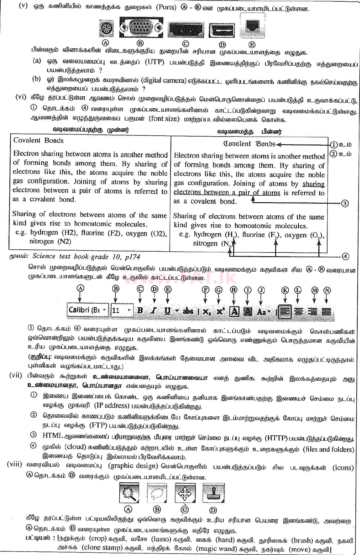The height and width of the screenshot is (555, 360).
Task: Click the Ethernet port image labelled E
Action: (252, 27)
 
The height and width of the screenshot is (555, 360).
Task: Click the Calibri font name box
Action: (88, 310)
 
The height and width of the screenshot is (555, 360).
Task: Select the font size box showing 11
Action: (122, 310)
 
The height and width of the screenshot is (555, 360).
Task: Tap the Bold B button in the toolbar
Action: (140, 310)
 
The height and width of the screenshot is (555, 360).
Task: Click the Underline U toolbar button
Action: (168, 310)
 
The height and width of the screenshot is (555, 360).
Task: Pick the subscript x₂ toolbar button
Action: (206, 311)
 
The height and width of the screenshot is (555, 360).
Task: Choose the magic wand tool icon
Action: (128, 493)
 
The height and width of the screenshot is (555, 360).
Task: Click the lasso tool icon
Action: (157, 493)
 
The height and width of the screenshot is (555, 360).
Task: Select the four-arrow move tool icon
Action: (185, 493)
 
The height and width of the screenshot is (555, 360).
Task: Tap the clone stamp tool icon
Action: (213, 493)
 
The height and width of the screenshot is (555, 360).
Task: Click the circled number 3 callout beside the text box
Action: (345, 203)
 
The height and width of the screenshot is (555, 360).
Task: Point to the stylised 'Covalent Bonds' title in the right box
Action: (249, 144)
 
